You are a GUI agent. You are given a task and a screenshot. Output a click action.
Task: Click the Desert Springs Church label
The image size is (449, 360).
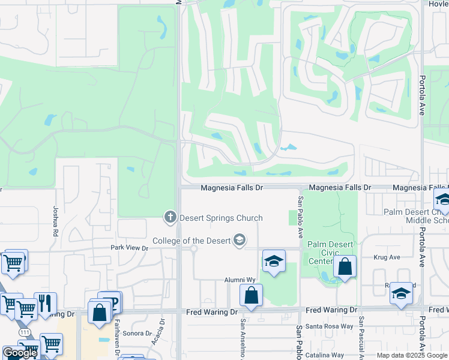220,218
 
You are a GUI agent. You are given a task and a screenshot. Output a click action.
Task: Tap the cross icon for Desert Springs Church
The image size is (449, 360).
170,217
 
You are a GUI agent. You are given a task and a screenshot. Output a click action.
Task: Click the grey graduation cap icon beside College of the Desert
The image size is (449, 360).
240,241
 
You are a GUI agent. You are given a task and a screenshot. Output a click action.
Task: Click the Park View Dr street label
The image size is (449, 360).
129,247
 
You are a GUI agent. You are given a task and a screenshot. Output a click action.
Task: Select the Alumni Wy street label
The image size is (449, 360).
240,280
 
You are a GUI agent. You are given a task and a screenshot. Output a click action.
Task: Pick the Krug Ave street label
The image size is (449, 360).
387,257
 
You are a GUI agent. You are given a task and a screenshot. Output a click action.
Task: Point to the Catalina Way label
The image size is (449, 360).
325,355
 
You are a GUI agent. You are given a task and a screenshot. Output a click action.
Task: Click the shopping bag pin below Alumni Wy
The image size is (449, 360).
251,295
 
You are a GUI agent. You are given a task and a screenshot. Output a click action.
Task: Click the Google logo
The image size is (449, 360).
20,353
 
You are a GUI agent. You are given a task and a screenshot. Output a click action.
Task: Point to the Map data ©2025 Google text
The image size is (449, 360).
411,355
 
